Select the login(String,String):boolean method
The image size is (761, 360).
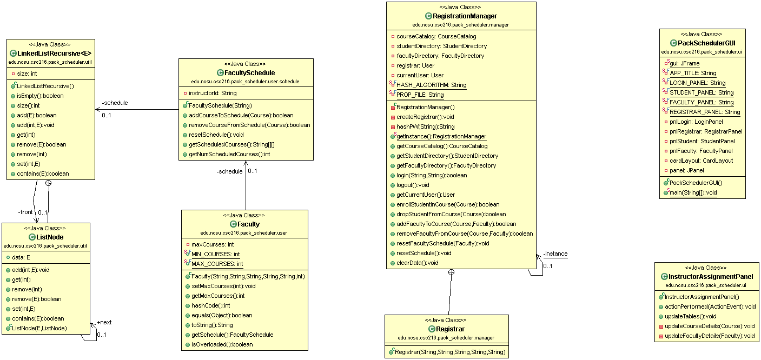tap(424, 175)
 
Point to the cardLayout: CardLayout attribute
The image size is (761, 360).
tap(701, 161)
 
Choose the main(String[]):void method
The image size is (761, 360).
tap(693, 192)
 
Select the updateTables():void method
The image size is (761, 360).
tap(690, 316)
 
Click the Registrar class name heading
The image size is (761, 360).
tap(449, 329)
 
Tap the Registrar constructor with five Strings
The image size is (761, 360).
tap(451, 352)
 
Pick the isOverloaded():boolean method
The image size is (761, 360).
tap(222, 344)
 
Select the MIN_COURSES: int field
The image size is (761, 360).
tap(216, 254)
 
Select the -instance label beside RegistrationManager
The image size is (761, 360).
tap(555, 254)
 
